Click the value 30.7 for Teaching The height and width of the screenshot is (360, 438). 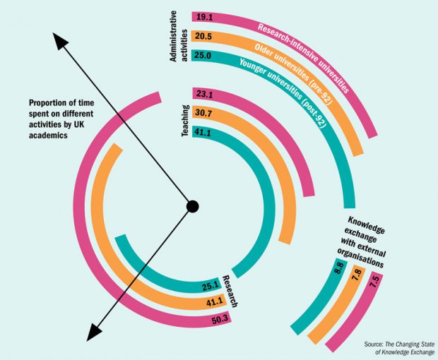click(206, 114)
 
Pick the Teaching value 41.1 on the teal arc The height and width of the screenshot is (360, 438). click(206, 134)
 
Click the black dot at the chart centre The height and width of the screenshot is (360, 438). click(191, 207)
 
